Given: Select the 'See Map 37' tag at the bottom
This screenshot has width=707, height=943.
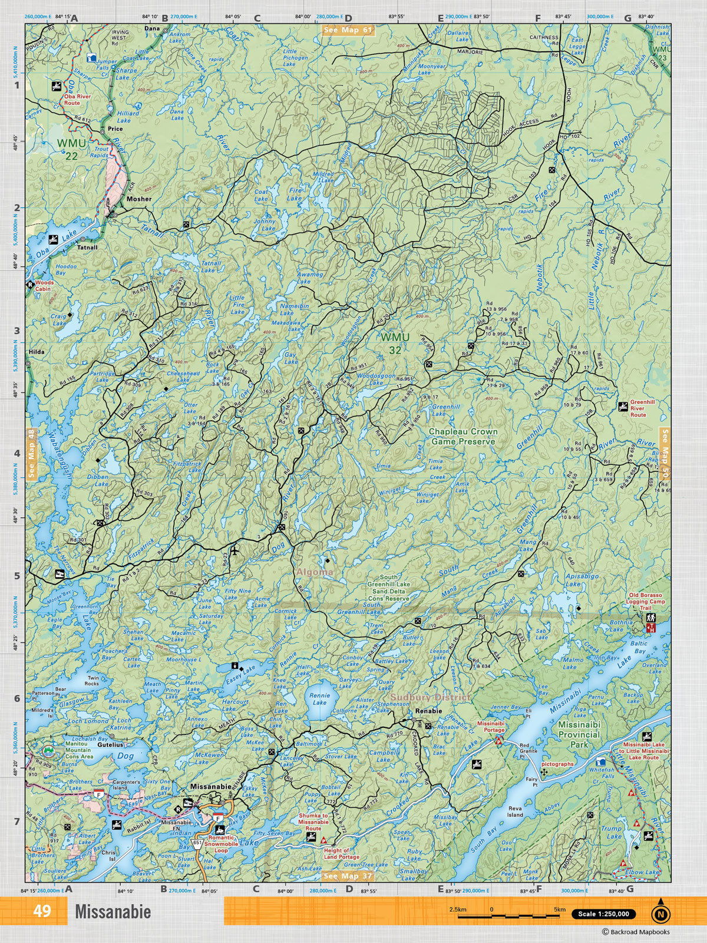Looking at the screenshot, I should tap(349, 876).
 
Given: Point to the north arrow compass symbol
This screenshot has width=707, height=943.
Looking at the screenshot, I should tap(660, 914).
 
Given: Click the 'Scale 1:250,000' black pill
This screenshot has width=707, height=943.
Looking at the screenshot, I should tap(603, 914).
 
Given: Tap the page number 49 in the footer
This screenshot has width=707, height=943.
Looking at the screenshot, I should tap(42, 911).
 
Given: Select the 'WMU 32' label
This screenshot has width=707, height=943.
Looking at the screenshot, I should tap(391, 344).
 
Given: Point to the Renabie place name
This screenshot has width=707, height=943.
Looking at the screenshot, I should tap(428, 711).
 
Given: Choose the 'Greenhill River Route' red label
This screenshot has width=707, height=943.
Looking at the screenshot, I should tap(642, 408).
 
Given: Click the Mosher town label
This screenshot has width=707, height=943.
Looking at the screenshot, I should tap(138, 199).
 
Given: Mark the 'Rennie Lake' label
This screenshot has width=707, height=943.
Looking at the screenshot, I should tap(319, 699).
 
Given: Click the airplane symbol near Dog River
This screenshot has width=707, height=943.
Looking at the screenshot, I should tap(235, 552).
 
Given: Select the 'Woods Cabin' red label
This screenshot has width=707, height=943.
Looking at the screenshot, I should tap(44, 286).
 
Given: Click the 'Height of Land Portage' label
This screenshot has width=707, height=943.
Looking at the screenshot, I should tap(341, 854).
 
